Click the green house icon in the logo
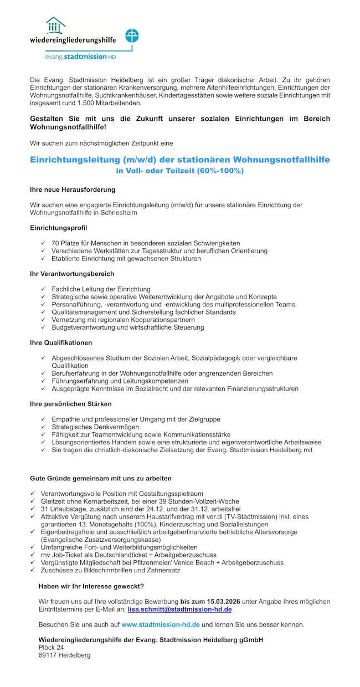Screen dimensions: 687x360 click(55, 25)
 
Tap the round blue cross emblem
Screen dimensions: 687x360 click(132, 36)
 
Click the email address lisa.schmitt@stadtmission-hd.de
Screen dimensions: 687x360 click(179, 609)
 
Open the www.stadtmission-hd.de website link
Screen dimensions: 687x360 click(161, 624)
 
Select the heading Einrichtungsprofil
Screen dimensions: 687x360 click(58, 228)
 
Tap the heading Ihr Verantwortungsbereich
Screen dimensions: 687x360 click(72, 274)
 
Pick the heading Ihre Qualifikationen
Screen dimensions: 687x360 click(61, 343)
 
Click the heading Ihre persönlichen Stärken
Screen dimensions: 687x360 click(70, 404)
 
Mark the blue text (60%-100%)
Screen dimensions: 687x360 click(220, 171)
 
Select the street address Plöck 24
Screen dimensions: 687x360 click(51, 647)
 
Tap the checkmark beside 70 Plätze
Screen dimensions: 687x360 click(43, 243)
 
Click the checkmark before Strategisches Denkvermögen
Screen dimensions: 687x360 click(43, 427)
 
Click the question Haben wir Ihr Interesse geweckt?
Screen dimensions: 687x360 click(91, 586)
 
